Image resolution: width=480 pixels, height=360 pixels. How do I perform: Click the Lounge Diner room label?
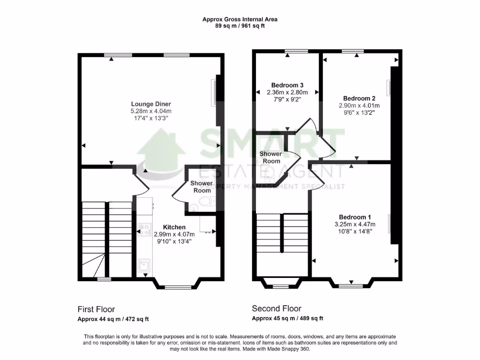click(151, 104)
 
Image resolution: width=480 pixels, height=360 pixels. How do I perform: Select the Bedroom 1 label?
click(355, 217)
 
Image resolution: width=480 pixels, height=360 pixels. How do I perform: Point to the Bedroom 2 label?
click(359, 98)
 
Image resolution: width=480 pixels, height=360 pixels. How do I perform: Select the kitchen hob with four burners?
click(144, 229)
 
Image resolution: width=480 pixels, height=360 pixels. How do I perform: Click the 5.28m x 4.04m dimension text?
click(151, 111)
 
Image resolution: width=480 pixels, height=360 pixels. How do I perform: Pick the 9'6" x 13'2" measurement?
click(359, 112)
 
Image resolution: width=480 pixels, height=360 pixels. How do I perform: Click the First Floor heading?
click(96, 309)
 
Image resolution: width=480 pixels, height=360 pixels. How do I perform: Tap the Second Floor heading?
click(277, 308)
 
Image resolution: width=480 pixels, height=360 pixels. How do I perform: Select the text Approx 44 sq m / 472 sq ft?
click(113, 319)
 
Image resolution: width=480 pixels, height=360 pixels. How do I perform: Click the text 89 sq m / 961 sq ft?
click(240, 26)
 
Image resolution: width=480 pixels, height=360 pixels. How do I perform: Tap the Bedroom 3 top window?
click(296, 51)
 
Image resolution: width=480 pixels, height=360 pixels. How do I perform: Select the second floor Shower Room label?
click(270, 157)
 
